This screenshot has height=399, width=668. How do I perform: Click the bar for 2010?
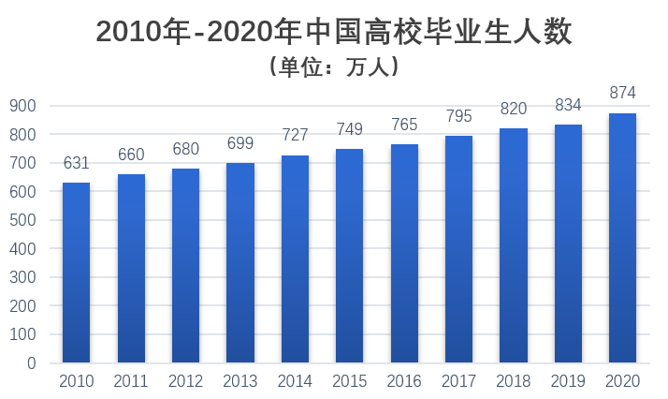tap(76, 273)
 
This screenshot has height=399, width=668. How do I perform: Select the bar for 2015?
tap(349, 256)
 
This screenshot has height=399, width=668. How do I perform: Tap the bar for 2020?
tap(622, 238)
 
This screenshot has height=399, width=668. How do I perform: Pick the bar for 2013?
tap(240, 262)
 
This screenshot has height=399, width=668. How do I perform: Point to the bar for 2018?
tap(514, 245)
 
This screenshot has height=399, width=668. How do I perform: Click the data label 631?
tap(76, 163)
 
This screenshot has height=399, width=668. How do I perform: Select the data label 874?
tap(622, 93)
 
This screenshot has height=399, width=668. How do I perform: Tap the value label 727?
tap(295, 135)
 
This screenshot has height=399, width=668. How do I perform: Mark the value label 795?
tap(458, 116)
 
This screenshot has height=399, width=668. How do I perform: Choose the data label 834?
tap(568, 105)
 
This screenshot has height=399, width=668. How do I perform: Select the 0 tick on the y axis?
tap(31, 362)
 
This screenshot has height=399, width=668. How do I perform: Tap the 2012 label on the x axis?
tap(185, 381)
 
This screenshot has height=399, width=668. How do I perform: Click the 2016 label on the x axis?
tap(404, 381)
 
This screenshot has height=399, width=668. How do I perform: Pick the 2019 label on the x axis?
tap(568, 381)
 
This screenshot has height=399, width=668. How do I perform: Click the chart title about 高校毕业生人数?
tap(334, 33)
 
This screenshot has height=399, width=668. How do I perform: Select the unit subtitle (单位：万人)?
tap(334, 67)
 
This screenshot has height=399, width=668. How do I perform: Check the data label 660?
tap(131, 155)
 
